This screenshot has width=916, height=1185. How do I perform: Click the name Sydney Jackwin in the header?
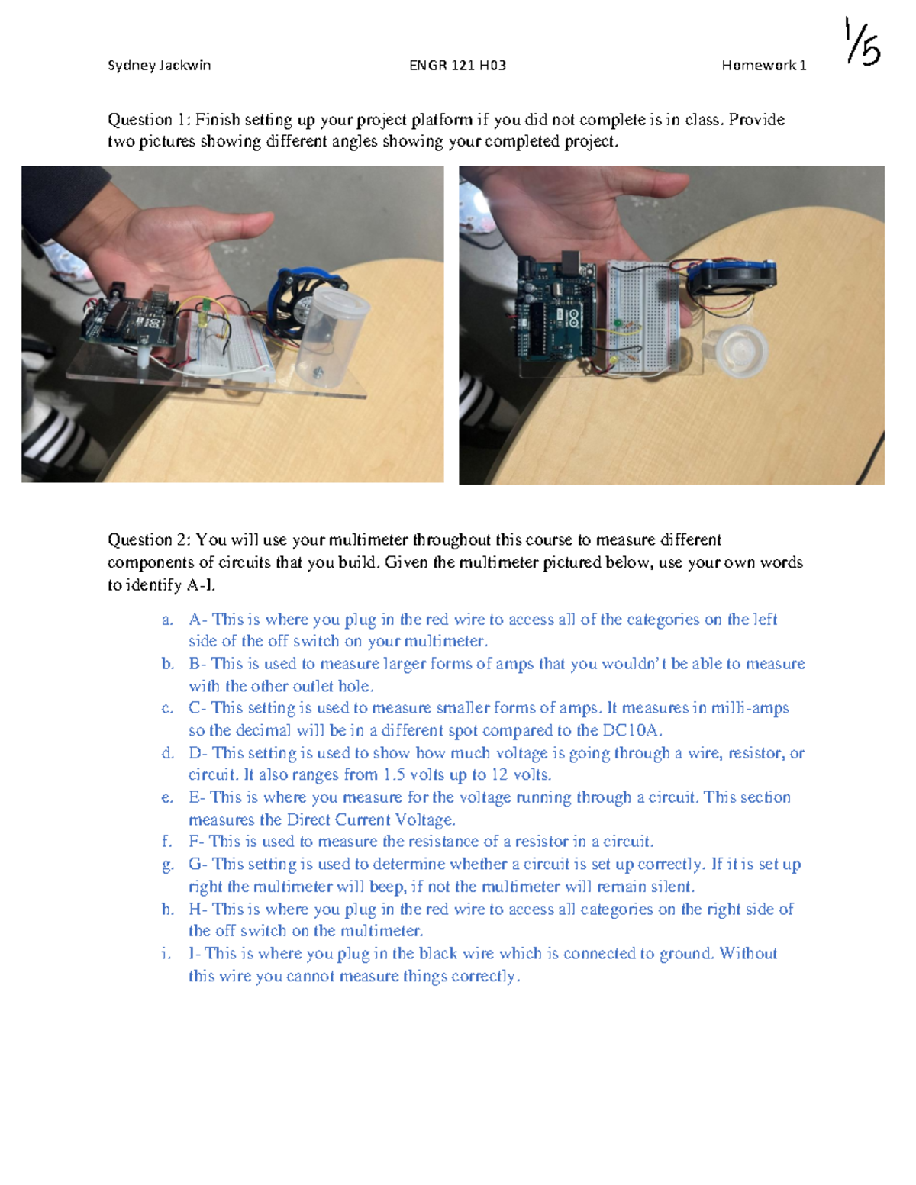click(x=159, y=66)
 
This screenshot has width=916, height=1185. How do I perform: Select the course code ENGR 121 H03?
click(x=457, y=66)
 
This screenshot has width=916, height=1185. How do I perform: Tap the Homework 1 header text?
click(x=763, y=66)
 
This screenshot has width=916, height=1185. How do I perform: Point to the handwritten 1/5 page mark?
click(x=863, y=43)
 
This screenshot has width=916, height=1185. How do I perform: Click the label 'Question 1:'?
click(x=149, y=120)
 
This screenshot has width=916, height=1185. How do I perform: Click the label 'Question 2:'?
click(x=149, y=540)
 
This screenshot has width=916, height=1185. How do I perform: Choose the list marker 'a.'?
click(x=167, y=620)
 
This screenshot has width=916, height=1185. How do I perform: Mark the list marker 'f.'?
click(x=166, y=842)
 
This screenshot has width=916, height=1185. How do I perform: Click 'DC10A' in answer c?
click(x=631, y=730)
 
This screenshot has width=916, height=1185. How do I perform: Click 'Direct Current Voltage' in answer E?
click(x=370, y=820)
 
